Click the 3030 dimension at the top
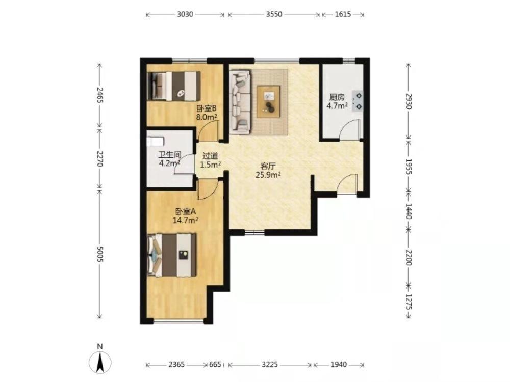tap(185, 14)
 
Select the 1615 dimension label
tap(343, 14)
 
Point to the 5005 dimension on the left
tap(100, 254)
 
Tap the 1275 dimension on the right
tap(409, 302)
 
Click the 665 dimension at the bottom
tap(215, 365)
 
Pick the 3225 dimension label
tap(270, 365)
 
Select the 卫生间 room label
tap(169, 155)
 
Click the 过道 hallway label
tap(210, 156)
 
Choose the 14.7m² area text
tap(186, 220)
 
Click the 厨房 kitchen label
tap(337, 97)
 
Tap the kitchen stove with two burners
tap(358, 101)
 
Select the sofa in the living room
tap(240, 102)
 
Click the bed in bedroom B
tap(173, 86)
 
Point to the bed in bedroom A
tap(172, 255)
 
